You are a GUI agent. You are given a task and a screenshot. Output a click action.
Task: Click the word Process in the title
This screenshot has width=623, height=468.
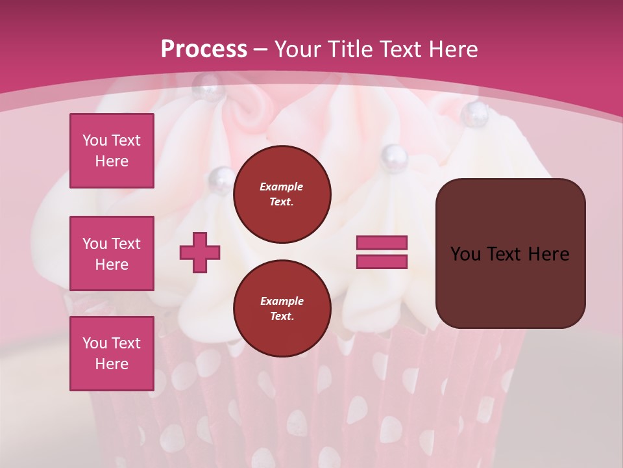204,49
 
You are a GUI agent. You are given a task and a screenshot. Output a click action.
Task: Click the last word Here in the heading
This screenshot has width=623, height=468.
454,49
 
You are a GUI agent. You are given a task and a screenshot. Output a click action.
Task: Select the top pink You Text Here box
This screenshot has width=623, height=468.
112,151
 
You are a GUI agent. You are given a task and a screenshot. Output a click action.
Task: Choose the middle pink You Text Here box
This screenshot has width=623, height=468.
112,253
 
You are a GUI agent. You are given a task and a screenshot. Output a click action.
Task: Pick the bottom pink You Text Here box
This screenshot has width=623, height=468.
112,353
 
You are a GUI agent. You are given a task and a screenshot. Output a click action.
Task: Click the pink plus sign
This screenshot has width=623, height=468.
200,252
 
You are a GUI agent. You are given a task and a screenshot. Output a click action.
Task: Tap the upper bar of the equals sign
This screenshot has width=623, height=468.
382,243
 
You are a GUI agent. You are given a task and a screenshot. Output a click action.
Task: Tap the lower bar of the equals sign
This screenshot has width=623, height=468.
382,261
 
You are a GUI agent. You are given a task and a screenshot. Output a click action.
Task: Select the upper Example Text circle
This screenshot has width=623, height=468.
282,194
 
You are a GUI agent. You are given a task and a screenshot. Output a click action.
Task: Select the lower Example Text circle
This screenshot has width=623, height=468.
282,309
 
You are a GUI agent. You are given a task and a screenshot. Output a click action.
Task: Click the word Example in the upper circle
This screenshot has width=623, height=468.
282,187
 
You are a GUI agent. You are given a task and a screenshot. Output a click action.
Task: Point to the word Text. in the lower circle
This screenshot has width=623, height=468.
282,317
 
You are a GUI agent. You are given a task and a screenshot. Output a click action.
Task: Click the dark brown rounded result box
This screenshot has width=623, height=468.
510,253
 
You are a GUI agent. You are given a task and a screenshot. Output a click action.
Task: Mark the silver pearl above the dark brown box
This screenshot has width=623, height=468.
474,114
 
